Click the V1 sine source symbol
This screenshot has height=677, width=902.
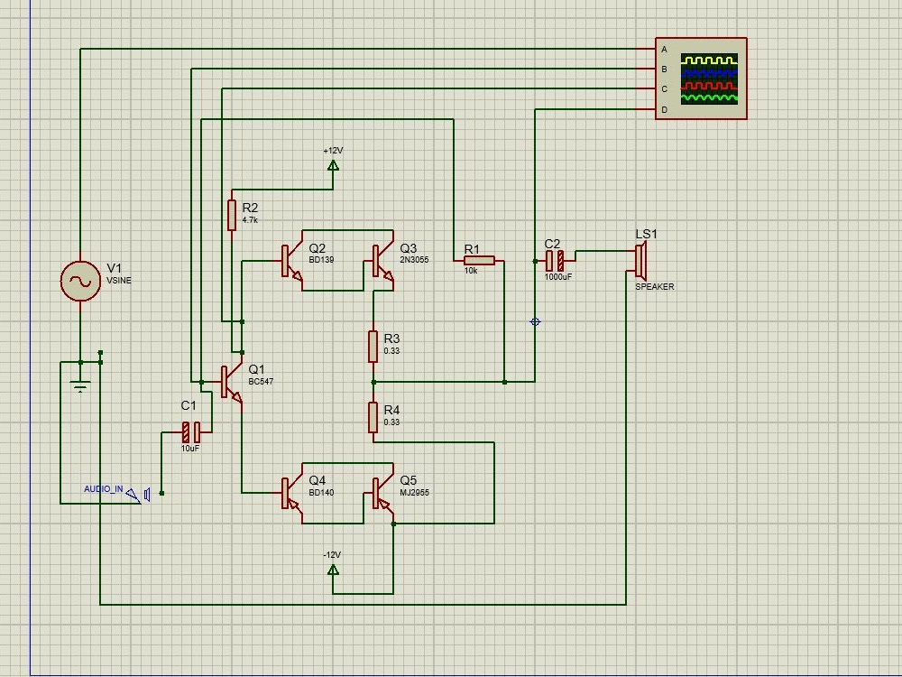[80, 281]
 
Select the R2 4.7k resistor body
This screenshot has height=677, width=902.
[232, 215]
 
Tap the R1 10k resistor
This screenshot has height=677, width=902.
[479, 261]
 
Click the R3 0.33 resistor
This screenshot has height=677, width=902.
[373, 347]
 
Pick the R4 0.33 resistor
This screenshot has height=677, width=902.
[373, 417]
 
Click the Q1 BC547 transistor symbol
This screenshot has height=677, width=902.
[231, 382]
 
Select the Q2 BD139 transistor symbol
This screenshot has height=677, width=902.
[291, 261]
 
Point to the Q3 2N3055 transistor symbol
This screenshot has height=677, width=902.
[382, 261]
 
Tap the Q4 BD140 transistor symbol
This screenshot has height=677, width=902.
[291, 494]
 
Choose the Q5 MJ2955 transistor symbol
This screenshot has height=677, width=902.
[382, 494]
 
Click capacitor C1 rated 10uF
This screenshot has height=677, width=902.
[191, 431]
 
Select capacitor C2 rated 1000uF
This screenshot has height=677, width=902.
[555, 261]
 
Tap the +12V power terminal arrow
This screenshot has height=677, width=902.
[333, 165]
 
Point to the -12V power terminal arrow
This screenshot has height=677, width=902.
[333, 570]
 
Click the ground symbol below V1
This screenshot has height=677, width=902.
[80, 387]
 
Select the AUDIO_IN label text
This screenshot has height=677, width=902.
[104, 488]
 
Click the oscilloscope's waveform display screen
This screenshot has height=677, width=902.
[709, 79]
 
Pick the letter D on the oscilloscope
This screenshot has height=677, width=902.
[665, 109]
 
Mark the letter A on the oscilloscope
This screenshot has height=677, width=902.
[665, 50]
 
